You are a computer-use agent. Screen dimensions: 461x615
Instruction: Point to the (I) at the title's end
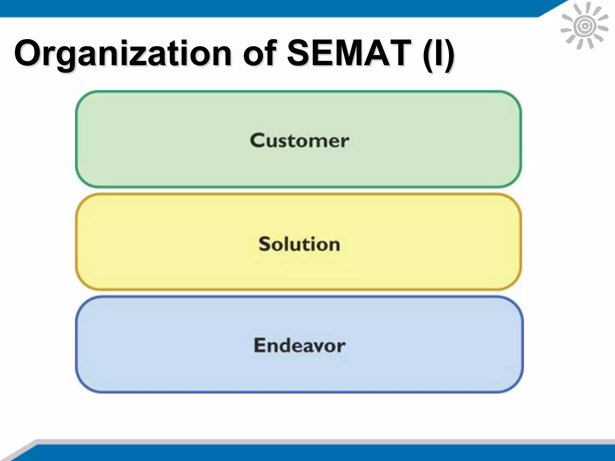(x=438, y=53)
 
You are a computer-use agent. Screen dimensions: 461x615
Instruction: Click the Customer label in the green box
(x=299, y=140)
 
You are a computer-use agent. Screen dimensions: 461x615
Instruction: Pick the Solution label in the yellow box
(x=299, y=244)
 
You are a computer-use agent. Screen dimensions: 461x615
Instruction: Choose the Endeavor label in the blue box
(x=299, y=345)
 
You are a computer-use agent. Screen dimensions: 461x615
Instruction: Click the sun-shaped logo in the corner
(x=584, y=26)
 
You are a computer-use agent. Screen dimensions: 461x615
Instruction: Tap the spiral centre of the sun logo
(x=584, y=26)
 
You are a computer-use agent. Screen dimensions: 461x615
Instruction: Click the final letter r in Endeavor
(x=341, y=347)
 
